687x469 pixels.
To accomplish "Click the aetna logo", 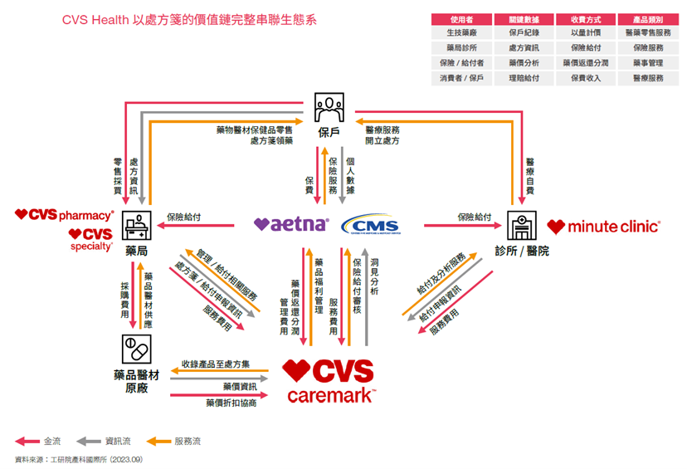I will (x=291, y=224).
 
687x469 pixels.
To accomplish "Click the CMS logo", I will (x=370, y=224).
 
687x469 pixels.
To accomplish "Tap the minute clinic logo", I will (x=603, y=226).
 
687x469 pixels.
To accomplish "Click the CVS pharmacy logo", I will (x=64, y=215).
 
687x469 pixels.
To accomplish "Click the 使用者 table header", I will (x=461, y=18).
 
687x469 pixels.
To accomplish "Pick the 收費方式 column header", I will (x=586, y=18).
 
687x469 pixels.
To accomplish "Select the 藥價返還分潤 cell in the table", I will (x=586, y=63).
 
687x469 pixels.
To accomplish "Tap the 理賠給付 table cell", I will (x=524, y=78).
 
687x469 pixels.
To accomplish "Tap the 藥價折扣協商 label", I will (x=231, y=403).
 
